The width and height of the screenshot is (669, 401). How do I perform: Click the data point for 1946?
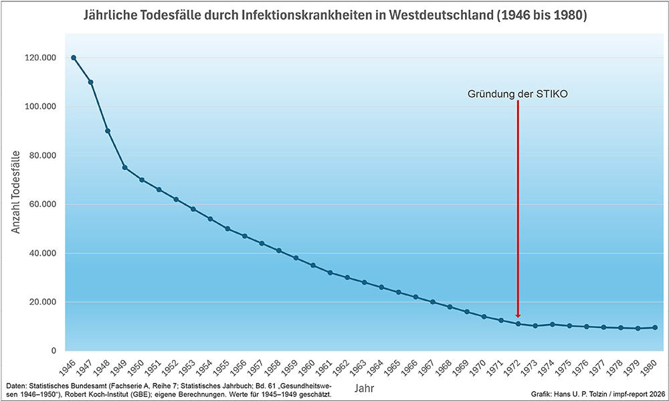(x=74, y=58)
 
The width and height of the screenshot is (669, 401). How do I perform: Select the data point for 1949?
(x=124, y=167)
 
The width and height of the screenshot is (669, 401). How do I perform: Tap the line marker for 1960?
(x=312, y=265)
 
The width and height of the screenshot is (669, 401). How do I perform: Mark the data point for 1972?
(x=518, y=324)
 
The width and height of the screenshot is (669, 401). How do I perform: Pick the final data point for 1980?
(x=655, y=327)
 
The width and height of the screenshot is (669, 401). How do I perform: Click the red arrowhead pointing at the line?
(x=518, y=315)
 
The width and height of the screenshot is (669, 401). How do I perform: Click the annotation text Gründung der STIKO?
(x=517, y=94)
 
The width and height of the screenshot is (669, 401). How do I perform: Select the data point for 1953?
(x=193, y=209)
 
